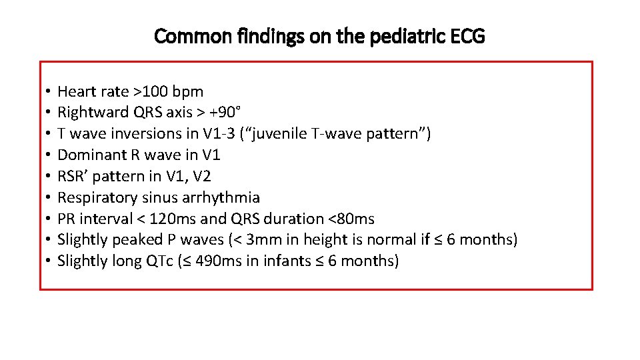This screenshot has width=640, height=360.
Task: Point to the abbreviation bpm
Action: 188,91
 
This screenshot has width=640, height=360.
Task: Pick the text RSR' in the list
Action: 72,176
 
